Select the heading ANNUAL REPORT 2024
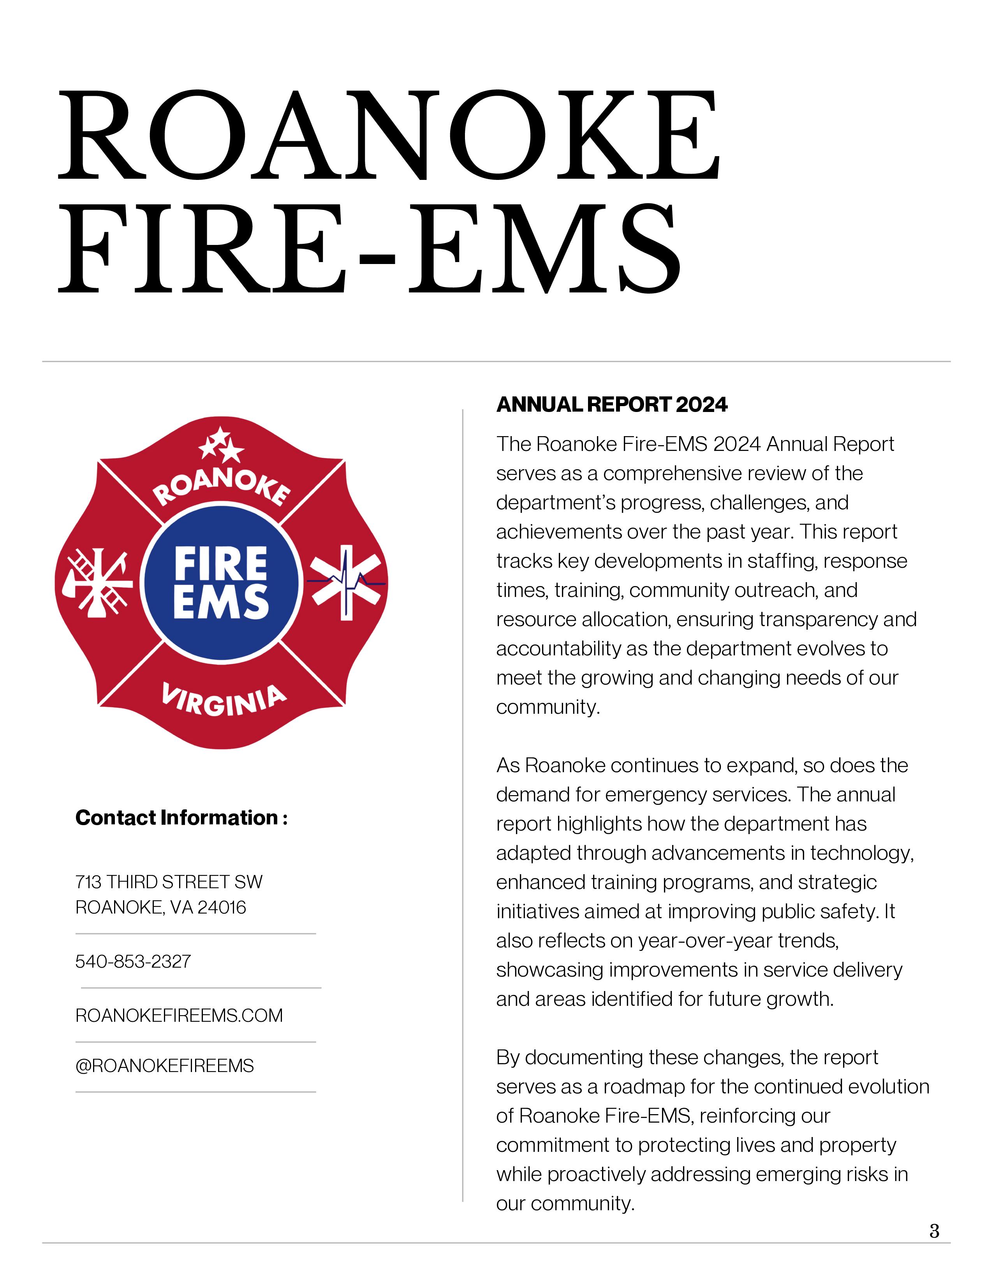(612, 405)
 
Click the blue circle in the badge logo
(221, 583)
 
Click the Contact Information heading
(181, 818)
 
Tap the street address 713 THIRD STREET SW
(169, 882)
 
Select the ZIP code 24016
(222, 908)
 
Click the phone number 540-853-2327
(133, 961)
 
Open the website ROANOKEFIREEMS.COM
(179, 1016)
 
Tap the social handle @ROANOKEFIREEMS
(165, 1066)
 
